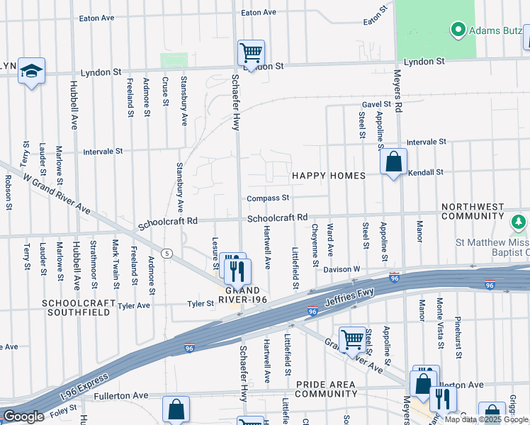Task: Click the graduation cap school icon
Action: tap(31, 72)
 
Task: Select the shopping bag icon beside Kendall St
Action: tap(394, 162)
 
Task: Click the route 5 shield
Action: tap(167, 253)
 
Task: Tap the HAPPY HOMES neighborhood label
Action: tap(328, 175)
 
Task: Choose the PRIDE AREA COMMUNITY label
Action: tap(325, 388)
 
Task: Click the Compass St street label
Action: tap(268, 198)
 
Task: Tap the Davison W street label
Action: tap(342, 269)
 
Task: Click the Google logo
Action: tap(23, 416)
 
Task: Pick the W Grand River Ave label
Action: tap(57, 195)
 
